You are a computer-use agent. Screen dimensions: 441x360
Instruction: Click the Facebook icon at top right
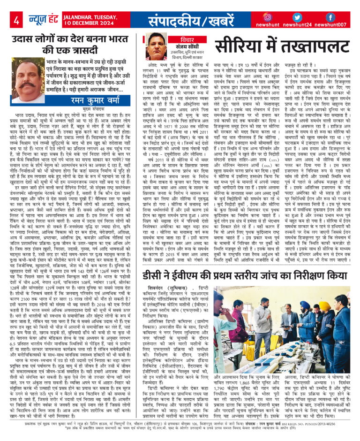click(x=330, y=17)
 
